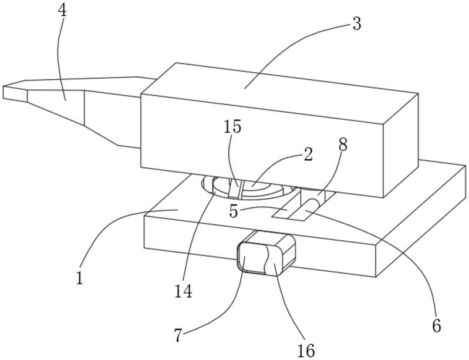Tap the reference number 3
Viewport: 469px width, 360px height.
pyautogui.click(x=356, y=24)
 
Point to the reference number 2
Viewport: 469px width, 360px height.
pyautogui.click(x=308, y=155)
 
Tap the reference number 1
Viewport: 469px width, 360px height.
pyautogui.click(x=80, y=278)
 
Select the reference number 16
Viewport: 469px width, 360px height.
pyautogui.click(x=305, y=351)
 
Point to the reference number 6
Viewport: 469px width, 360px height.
pyautogui.click(x=436, y=325)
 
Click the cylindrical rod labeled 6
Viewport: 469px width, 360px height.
pyautogui.click(x=308, y=206)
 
